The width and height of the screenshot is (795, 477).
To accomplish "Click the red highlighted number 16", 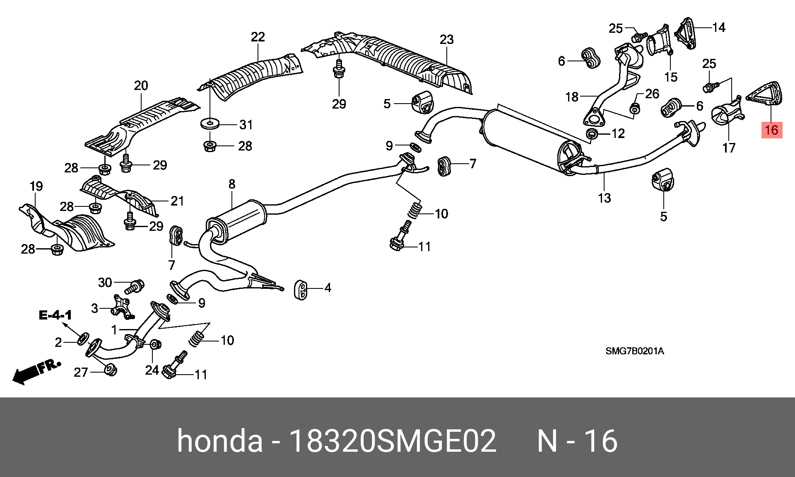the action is click(x=771, y=130).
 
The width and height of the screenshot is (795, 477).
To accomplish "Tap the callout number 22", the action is click(x=258, y=37).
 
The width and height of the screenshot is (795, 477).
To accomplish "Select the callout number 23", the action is click(x=446, y=40).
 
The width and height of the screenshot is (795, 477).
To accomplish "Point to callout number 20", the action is click(x=141, y=86).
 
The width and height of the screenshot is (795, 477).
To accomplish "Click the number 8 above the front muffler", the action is click(x=232, y=184).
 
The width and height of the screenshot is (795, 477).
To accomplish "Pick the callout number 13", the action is click(x=605, y=198).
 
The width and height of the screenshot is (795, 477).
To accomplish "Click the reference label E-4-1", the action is click(x=55, y=315).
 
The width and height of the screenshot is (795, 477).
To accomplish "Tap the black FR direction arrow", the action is click(x=36, y=373).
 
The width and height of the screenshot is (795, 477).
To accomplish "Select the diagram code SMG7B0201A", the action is click(x=635, y=351).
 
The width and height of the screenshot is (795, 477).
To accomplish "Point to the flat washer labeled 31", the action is click(x=210, y=123).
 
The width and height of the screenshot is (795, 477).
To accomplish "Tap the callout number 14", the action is click(x=719, y=28).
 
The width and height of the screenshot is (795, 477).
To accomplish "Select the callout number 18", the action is click(x=572, y=97).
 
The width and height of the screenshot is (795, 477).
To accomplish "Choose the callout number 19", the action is click(x=36, y=186).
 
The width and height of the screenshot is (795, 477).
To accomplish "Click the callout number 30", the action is click(x=105, y=283).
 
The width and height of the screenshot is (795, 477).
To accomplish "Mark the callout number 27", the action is click(x=81, y=373).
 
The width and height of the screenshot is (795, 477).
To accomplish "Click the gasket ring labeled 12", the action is click(x=593, y=134).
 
